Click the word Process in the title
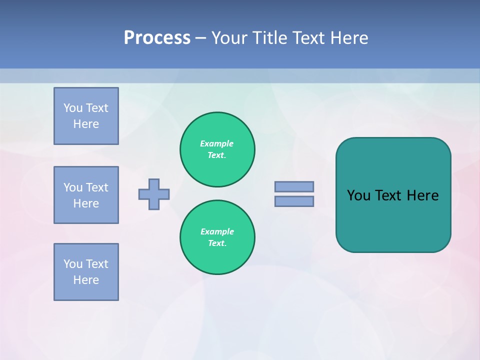tap(157, 38)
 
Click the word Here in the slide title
tap(348, 38)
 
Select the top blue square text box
tap(86, 116)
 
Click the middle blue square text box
tap(86, 195)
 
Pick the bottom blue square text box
tap(86, 272)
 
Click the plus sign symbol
tap(154, 194)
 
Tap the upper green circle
tap(217, 149)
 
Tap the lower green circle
tap(217, 237)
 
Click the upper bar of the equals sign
tap(294, 186)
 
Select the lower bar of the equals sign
tap(294, 201)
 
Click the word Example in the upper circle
tap(216, 143)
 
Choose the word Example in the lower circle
tap(217, 231)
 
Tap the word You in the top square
tap(73, 108)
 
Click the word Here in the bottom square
tap(86, 280)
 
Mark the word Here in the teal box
tap(422, 195)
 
